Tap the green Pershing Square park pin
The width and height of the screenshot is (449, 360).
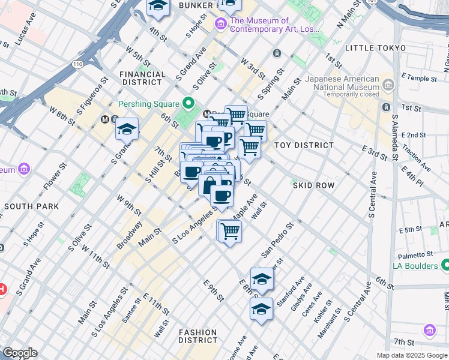[x=190, y=104]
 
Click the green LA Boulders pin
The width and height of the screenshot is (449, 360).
[x=445, y=265]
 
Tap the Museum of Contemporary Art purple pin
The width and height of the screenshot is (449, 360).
[x=220, y=24]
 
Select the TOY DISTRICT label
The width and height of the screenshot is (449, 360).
[x=304, y=145]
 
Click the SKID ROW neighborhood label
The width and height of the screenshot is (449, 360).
[x=313, y=185]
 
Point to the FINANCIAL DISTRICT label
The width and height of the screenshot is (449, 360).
[x=143, y=79]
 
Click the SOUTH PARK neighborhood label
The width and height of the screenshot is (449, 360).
[x=31, y=206]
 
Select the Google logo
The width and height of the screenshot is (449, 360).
[x=20, y=353]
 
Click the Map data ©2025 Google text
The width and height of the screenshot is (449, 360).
[x=411, y=355]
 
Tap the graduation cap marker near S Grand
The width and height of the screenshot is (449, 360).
[x=127, y=129]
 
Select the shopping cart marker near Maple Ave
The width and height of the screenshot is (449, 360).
[x=230, y=231]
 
